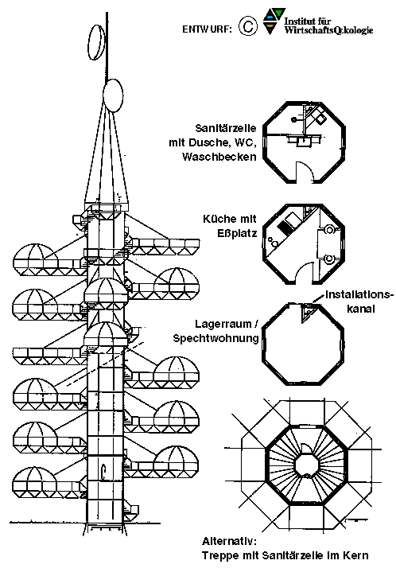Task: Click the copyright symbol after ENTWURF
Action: coord(248,26)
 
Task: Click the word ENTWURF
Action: coord(207,29)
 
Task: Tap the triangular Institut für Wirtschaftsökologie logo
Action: coord(274,21)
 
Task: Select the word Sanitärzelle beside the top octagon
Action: coord(226,128)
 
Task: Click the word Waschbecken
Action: coord(219,157)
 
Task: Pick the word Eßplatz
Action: coord(237,233)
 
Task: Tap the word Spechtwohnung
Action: coord(215,339)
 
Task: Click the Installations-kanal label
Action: coord(359,302)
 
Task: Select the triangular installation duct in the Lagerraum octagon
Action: coord(307,313)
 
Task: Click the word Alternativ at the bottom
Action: coord(229,541)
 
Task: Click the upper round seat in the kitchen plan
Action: coord(329,230)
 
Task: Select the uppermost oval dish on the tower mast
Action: coord(96,42)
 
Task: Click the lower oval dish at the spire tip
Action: coord(113,95)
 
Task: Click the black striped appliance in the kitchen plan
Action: coord(285,227)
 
